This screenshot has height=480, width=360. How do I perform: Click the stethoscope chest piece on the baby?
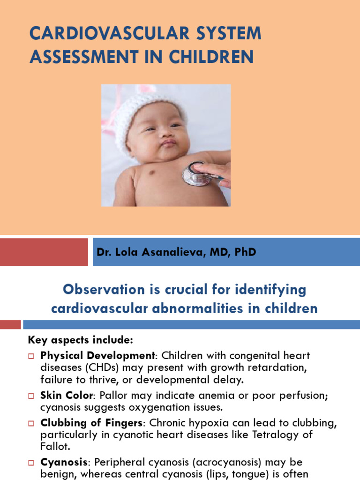click(x=195, y=174)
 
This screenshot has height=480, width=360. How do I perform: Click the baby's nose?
click(x=163, y=133)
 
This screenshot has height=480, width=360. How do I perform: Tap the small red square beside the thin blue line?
click(x=10, y=324)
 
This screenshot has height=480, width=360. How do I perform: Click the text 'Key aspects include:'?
click(x=81, y=339)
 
